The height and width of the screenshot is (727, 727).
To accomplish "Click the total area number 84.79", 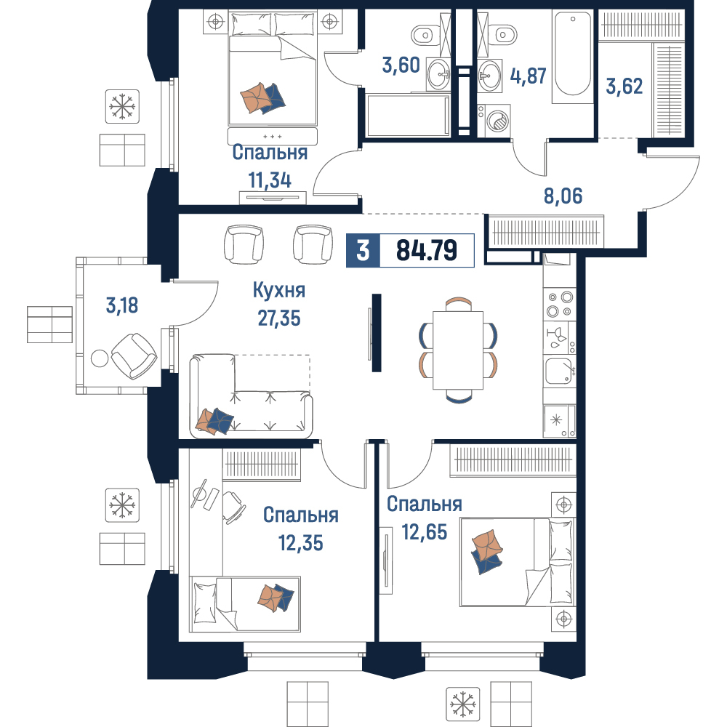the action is (x=427, y=250).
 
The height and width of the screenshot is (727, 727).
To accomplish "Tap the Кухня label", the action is (x=279, y=291).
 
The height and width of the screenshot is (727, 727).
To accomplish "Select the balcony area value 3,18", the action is (x=122, y=305).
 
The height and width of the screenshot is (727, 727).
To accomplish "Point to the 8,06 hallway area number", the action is (x=563, y=196).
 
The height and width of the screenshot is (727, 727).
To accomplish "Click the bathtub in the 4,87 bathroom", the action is (x=573, y=57).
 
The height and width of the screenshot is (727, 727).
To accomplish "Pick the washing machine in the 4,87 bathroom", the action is (x=494, y=121).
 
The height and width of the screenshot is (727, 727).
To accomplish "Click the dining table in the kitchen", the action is (x=458, y=350).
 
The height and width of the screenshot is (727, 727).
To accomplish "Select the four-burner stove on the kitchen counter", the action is (x=560, y=304).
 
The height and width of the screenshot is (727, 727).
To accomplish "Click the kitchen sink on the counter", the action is (x=560, y=371).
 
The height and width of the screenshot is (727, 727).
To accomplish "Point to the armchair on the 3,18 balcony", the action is (x=134, y=356).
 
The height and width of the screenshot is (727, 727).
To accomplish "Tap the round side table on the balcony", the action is (x=99, y=358).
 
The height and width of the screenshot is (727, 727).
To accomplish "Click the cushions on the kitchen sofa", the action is (x=214, y=422).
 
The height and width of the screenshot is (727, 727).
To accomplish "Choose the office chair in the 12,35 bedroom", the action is (x=233, y=507).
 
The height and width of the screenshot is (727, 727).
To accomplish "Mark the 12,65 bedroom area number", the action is (x=425, y=532).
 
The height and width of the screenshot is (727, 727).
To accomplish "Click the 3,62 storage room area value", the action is (x=624, y=87).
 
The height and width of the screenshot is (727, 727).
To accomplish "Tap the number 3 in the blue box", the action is (x=363, y=250).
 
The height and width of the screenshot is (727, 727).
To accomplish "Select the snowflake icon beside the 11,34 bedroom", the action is (x=122, y=107).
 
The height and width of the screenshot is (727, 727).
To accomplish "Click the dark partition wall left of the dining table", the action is (x=377, y=332).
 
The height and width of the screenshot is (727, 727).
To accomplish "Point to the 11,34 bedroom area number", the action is (x=270, y=180).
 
